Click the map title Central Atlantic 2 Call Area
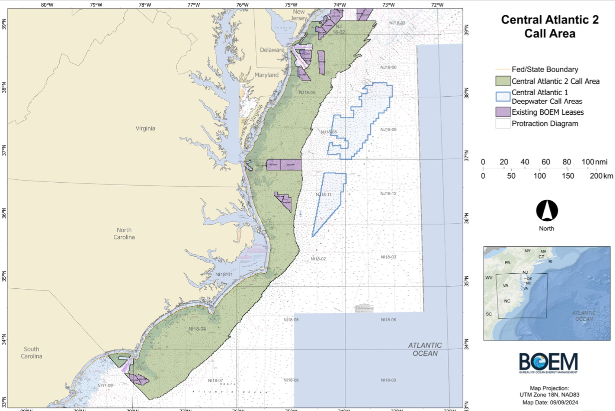(550, 27)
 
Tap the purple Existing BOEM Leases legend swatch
(503, 112)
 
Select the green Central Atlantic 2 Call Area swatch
(503, 81)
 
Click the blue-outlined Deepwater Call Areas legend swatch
(503, 96)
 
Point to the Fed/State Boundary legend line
(503, 69)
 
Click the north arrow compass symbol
(547, 211)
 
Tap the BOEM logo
(548, 363)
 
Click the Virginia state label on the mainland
(145, 128)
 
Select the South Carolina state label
(31, 352)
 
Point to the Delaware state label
(272, 50)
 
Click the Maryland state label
(266, 75)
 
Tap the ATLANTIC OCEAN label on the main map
(425, 349)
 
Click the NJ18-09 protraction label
(388, 129)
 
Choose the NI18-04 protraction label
(197, 329)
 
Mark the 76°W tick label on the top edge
(242, 5)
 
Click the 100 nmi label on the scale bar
(594, 162)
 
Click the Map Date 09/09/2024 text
(550, 402)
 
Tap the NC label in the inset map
(507, 301)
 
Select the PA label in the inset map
(507, 262)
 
